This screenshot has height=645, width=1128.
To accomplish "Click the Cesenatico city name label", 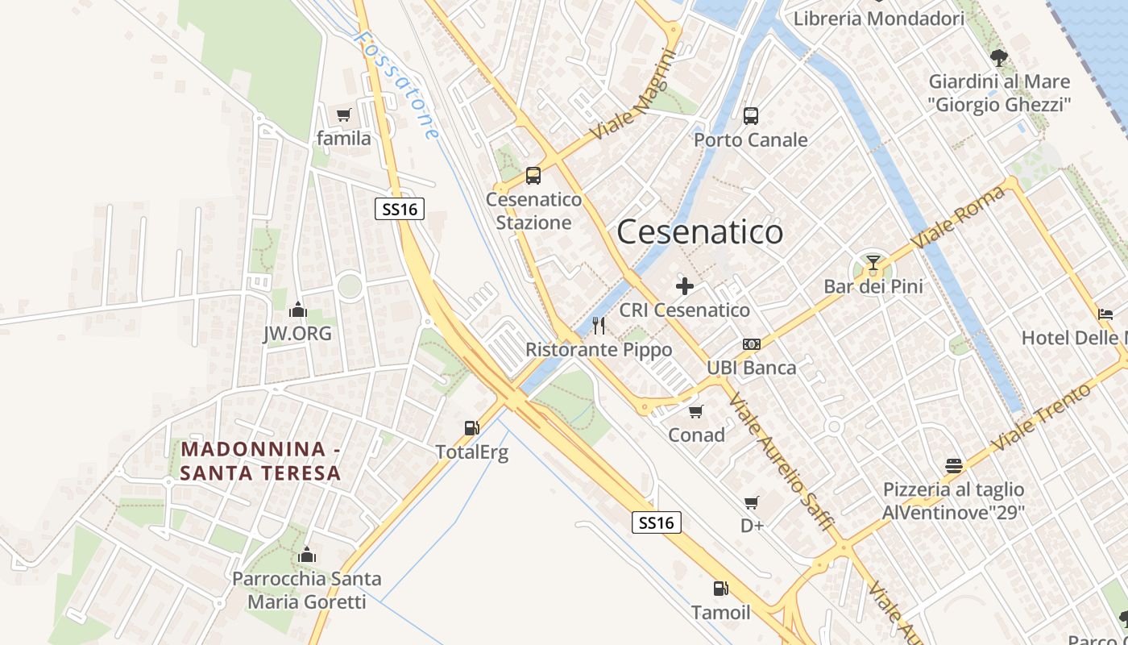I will coord(699,232).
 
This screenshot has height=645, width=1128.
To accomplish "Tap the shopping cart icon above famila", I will coord(344,115).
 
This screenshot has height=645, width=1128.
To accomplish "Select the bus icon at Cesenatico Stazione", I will coord(533,176).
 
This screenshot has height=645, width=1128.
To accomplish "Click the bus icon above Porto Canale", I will coord(751,116).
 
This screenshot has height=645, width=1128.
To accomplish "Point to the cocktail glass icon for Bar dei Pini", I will coord(873,262).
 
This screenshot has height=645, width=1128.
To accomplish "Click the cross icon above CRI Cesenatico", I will coord(685,286).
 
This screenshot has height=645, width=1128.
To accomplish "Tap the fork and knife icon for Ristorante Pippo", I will coord(599,326).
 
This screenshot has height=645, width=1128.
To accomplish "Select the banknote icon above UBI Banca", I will coord(752,344).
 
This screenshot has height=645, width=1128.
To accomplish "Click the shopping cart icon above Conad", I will coord(696,411).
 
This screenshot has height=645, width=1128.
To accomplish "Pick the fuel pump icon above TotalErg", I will coord(471,428).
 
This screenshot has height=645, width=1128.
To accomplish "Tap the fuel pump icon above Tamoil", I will coord(720,589).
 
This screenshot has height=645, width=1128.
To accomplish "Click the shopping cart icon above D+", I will coord(752,503).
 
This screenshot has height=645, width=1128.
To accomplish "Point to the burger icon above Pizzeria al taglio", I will coord(954,466).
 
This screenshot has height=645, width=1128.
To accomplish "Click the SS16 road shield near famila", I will coord(400,210).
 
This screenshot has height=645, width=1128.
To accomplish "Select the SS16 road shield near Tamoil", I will coord(656,522).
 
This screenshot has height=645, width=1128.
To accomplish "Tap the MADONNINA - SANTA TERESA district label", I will coord(261,461).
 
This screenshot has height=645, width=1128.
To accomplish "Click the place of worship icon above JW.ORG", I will coord(297,310).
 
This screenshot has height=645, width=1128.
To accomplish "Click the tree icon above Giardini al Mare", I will coord(999,58).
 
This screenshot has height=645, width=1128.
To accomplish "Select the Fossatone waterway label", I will coord(398,84).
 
